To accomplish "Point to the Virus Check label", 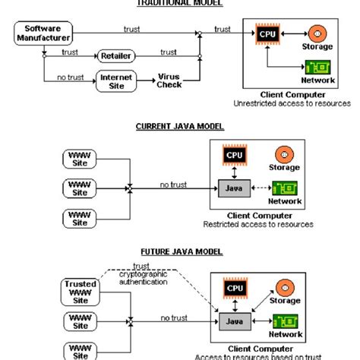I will click(x=169, y=81).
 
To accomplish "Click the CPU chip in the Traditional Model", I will click(x=265, y=34).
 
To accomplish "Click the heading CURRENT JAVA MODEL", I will click(x=179, y=127).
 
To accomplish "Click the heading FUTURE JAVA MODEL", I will click(x=179, y=250).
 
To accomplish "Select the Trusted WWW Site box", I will click(x=80, y=291).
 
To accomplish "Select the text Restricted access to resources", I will click(x=258, y=225).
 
